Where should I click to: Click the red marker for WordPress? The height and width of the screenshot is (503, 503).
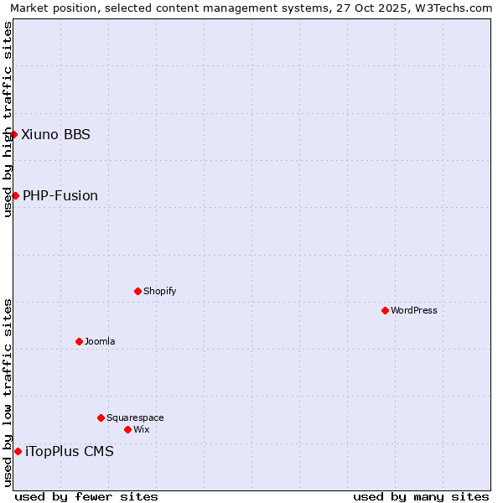click(385, 310)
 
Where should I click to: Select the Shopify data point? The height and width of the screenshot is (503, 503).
click(137, 291)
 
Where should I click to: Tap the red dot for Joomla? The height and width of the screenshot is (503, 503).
click(79, 341)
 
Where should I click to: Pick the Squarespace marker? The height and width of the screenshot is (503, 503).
click(101, 417)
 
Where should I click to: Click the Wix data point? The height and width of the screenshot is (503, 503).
click(127, 429)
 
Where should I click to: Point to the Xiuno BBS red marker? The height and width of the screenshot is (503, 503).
click(13, 134)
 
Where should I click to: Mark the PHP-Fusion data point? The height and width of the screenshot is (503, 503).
click(15, 195)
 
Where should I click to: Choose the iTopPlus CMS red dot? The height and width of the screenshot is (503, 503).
click(18, 451)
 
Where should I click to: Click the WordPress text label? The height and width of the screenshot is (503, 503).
click(414, 310)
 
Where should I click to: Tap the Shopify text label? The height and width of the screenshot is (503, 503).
click(159, 291)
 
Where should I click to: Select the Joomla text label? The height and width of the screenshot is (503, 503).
click(100, 341)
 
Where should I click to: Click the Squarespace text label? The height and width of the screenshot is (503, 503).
click(135, 417)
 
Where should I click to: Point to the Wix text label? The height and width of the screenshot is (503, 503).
click(141, 429)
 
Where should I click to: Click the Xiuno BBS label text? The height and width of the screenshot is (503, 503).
click(55, 134)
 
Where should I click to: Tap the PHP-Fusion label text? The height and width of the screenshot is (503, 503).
click(60, 195)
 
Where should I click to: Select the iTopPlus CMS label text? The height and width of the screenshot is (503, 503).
click(70, 451)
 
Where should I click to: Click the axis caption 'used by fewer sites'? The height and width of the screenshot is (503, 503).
click(86, 496)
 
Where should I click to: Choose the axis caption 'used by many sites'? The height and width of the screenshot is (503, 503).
click(421, 496)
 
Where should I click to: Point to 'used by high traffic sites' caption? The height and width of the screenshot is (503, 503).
click(8, 119)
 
